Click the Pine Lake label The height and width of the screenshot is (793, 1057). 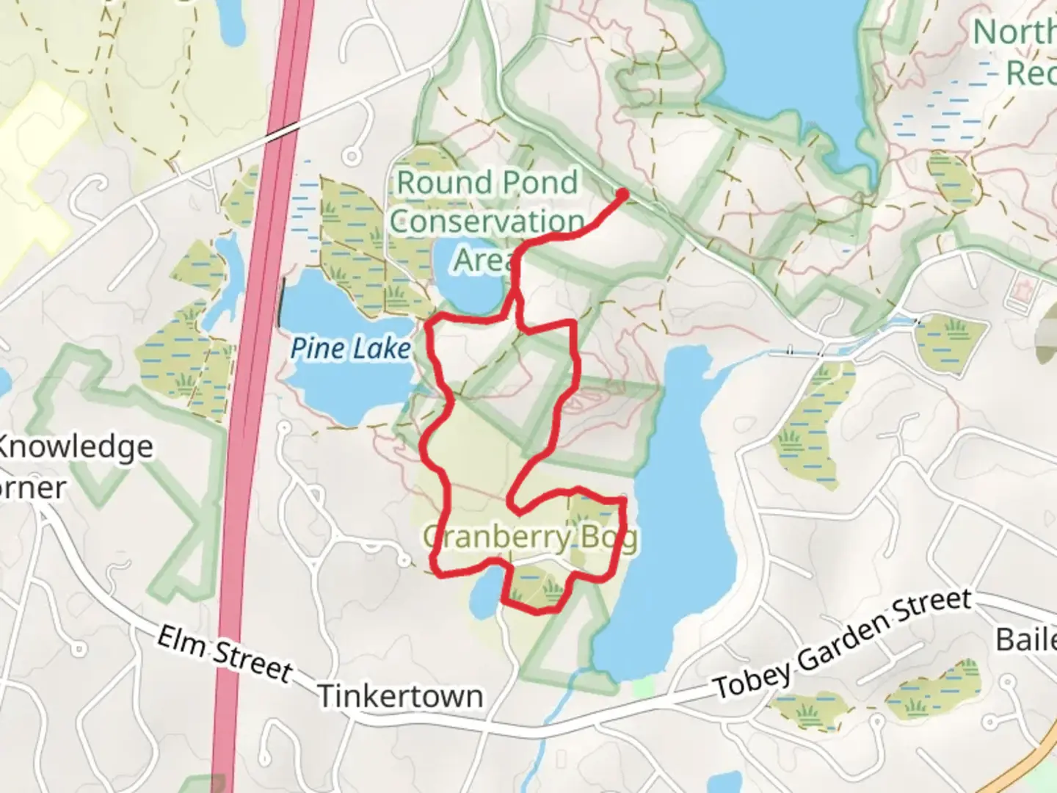[x=351, y=348]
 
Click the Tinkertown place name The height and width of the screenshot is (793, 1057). [x=400, y=695]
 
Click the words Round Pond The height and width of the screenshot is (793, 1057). [x=487, y=182]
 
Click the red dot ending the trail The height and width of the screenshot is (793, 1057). [x=623, y=195]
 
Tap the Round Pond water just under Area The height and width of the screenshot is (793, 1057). [x=470, y=290]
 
